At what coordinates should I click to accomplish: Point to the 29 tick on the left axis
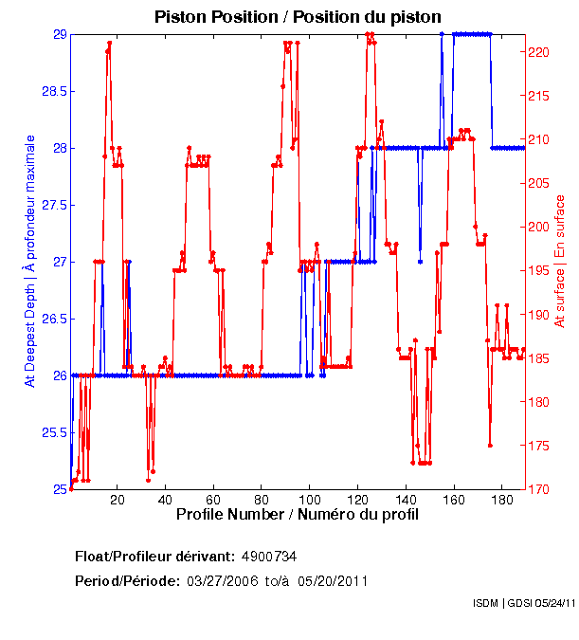coord(60,35)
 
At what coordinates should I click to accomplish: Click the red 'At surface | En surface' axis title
coord(560,261)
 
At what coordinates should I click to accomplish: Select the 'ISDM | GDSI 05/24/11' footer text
coord(523,602)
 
